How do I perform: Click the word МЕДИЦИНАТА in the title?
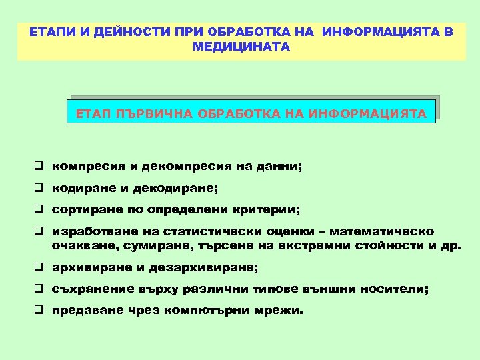[240, 47]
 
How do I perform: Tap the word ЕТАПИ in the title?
[47, 33]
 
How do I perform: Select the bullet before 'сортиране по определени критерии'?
[40, 210]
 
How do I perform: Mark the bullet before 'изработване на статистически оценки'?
[40, 232]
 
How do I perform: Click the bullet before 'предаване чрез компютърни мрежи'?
[40, 311]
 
